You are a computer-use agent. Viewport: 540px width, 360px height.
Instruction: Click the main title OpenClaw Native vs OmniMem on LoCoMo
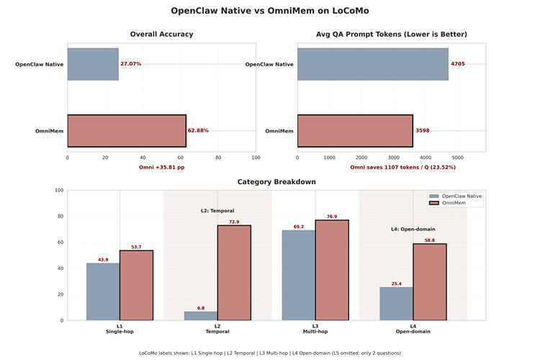270,11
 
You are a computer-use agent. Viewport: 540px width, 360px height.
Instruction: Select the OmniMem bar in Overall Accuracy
127,130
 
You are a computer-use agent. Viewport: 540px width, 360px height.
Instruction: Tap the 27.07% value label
131,64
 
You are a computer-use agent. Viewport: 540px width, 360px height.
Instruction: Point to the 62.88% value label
198,130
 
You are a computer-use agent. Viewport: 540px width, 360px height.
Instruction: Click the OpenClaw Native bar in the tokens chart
372,64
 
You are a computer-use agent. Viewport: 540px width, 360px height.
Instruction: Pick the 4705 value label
458,64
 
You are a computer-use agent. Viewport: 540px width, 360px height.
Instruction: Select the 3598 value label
422,130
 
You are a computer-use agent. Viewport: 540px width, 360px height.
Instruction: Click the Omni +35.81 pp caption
161,167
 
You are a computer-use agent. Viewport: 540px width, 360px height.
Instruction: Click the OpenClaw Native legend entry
461,196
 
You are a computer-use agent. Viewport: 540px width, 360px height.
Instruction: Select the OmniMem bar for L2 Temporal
234,273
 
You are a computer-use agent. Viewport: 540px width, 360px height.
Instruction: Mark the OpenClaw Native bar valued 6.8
201,316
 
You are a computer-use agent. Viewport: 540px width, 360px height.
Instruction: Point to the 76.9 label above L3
332,217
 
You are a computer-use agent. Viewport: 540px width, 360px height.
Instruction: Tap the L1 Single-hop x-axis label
120,329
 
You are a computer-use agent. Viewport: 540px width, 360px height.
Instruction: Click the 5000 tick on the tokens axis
458,157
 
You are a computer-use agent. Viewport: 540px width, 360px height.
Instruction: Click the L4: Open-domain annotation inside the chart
413,229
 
